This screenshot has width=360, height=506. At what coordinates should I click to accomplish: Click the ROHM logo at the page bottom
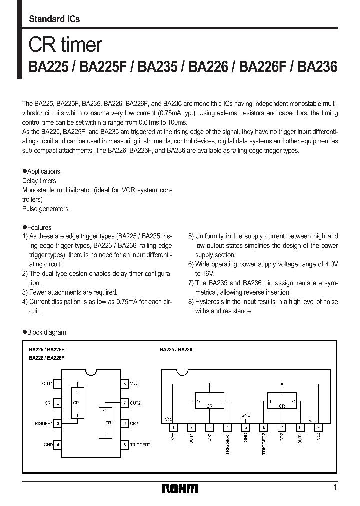pyautogui.click(x=180, y=488)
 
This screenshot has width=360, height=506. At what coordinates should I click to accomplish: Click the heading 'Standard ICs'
pyautogui.click(x=54, y=19)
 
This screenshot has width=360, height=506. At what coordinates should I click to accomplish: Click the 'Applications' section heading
pyautogui.click(x=43, y=171)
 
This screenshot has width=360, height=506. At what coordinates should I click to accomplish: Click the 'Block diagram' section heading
pyautogui.click(x=46, y=332)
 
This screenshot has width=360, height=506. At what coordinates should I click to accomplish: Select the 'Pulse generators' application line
pyautogui.click(x=45, y=209)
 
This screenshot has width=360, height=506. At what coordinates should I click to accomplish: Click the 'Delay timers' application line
pyautogui.click(x=39, y=181)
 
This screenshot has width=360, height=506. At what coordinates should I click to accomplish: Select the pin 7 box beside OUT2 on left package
pyautogui.click(x=124, y=403)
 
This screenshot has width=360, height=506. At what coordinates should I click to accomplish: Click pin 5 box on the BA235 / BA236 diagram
pyautogui.click(x=245, y=428)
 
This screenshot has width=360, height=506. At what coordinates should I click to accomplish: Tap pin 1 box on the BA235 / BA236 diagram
pyautogui.click(x=173, y=428)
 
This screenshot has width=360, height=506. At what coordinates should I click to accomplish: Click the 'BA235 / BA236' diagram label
pyautogui.click(x=176, y=350)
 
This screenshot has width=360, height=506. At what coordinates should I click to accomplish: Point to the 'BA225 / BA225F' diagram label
pyautogui.click(x=46, y=350)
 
